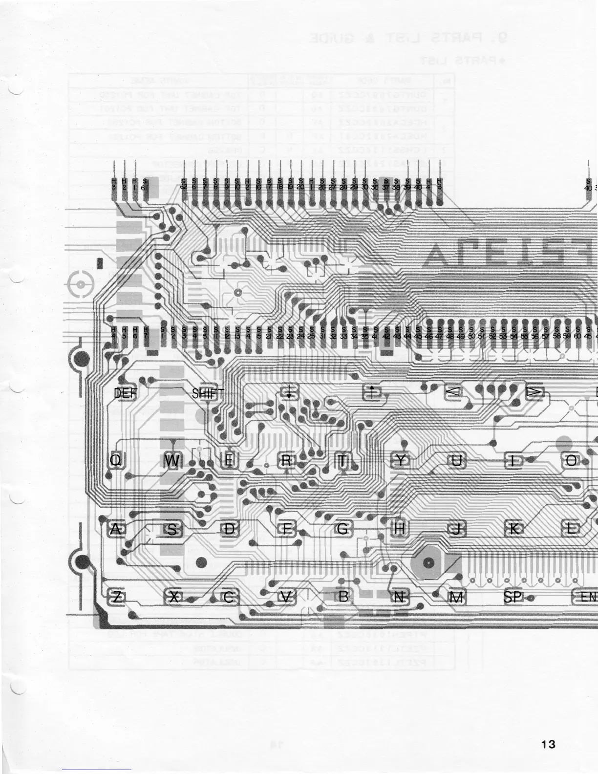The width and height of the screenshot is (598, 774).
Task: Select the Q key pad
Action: coord(115,460)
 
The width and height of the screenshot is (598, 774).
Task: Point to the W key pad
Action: coord(172,460)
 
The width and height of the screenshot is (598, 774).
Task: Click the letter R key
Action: coord(287,460)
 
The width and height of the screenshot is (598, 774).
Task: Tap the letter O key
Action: coord(572,460)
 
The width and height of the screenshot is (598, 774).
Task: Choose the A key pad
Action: coord(115,529)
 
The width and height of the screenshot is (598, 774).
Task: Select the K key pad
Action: coord(515,529)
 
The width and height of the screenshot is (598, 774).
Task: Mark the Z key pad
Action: coord(117,597)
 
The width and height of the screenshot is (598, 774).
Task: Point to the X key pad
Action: coord(173,597)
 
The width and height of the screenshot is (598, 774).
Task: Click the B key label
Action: coord(343,597)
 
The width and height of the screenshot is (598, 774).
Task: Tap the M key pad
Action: coord(456,597)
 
